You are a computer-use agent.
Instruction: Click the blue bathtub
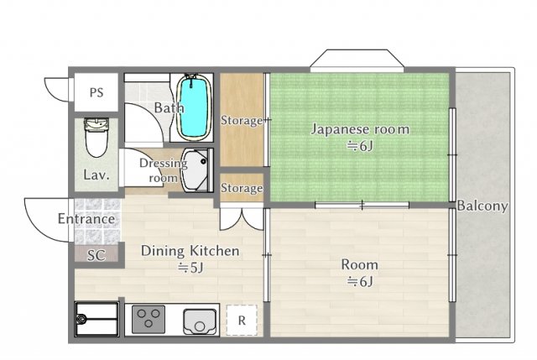point(195,108)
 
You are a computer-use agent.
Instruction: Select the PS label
point(96,92)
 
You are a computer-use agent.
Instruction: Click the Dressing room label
point(157,170)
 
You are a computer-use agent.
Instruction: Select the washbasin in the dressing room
point(198,169)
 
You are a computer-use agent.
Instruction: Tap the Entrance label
point(86,219)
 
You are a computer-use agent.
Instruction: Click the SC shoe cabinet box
point(96,255)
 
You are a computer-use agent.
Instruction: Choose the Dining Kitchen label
point(190,251)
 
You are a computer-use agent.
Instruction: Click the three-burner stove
point(149,319)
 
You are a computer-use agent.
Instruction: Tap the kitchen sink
point(200,319)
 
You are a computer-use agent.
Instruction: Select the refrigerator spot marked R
point(242,320)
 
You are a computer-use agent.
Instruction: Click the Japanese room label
point(360,129)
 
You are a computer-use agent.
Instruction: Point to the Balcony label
point(482,206)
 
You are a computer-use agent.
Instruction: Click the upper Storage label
point(242,121)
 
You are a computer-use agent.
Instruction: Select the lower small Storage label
point(242,188)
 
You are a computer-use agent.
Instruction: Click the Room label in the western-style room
point(359,264)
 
